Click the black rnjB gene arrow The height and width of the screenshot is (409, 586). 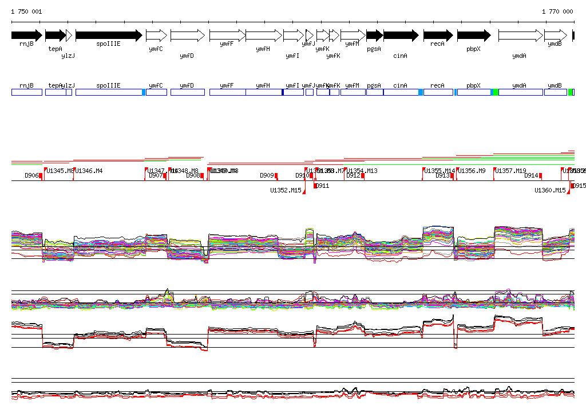click(x=26, y=36)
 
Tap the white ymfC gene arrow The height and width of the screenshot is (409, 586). click(x=156, y=36)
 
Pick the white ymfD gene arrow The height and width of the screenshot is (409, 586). click(x=187, y=36)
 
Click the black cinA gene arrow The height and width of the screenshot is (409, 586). click(x=401, y=36)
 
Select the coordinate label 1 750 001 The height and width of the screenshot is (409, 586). click(x=26, y=11)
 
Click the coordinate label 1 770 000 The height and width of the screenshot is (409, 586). click(x=557, y=11)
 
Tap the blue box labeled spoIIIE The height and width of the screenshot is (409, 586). click(x=109, y=92)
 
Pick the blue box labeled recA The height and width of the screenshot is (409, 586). click(x=438, y=92)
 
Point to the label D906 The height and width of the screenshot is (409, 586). click(x=31, y=176)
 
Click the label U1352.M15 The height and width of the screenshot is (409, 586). click(x=286, y=190)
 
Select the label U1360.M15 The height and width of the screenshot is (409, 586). click(x=550, y=190)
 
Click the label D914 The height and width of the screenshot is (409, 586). click(x=532, y=176)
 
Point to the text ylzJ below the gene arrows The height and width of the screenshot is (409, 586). click(x=68, y=56)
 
